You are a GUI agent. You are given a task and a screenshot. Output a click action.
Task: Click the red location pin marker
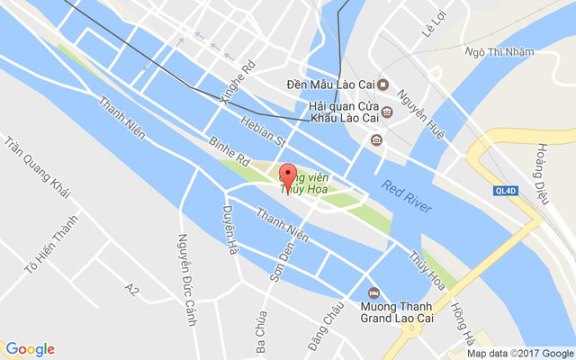click(289, 176)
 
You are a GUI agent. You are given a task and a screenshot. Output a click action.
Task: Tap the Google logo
click(30, 349)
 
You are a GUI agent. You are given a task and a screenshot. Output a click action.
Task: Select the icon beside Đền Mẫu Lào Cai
click(383, 85)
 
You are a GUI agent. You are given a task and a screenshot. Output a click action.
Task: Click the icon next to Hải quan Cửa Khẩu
click(386, 112)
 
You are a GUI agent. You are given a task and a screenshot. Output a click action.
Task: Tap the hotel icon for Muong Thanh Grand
click(375, 292)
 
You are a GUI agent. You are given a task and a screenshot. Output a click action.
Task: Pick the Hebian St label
click(262, 129)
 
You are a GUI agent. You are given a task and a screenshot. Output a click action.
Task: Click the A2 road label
click(132, 290)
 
